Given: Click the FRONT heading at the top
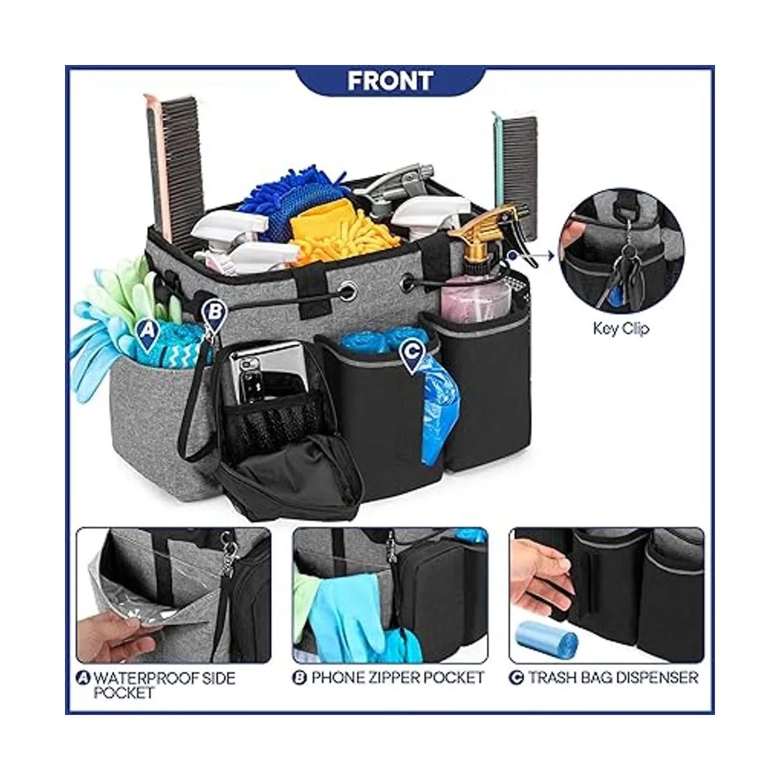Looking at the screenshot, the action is (390, 81).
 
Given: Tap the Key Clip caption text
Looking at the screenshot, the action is (621, 328).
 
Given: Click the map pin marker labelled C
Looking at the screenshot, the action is (411, 355).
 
